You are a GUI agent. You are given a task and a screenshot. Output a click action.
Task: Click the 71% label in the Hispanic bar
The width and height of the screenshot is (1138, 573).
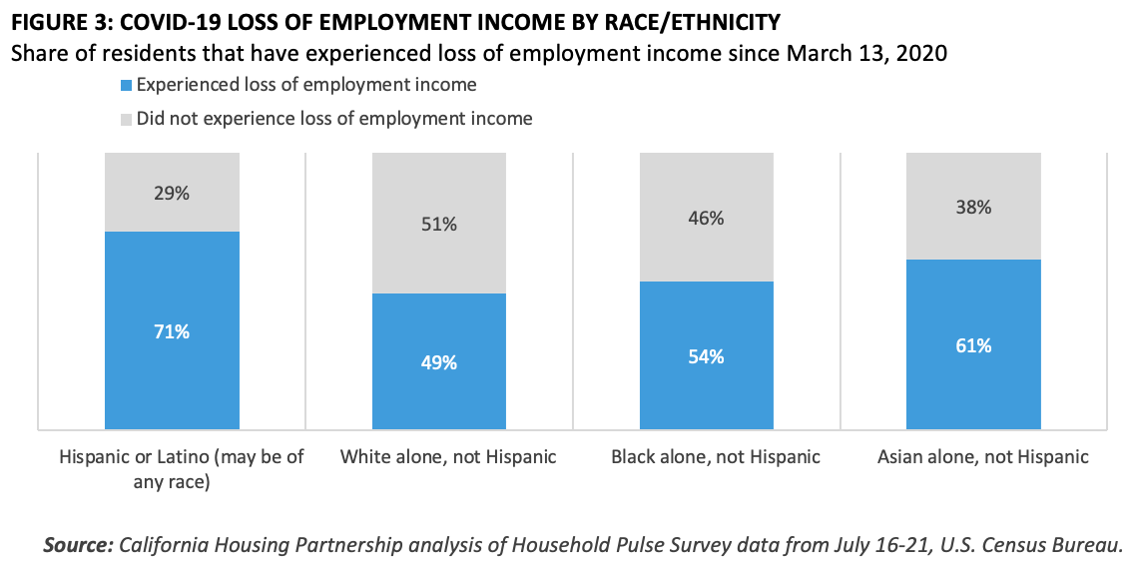172,331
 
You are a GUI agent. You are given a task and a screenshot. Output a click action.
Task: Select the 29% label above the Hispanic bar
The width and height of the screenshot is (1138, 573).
172,194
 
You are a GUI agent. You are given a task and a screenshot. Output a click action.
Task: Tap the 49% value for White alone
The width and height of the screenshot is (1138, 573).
439,363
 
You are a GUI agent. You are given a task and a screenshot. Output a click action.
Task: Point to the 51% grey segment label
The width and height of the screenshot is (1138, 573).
439,225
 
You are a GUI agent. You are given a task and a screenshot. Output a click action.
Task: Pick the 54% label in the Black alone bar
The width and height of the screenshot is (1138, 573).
706,356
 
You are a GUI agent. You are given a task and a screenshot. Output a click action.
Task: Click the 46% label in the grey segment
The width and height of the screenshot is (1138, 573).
706,218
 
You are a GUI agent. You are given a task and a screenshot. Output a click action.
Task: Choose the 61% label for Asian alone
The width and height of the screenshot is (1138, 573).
973,346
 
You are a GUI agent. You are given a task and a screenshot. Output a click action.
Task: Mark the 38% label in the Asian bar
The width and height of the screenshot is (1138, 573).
973,208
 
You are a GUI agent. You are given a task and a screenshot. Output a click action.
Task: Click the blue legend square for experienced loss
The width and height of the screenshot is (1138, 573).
126,86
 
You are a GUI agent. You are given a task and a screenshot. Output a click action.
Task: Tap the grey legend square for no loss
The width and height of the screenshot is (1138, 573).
126,119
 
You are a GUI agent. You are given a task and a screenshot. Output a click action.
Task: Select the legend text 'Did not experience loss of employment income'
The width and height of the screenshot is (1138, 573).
334,119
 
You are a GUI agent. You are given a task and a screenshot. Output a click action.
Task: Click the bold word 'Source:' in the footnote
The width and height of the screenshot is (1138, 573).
77,545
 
